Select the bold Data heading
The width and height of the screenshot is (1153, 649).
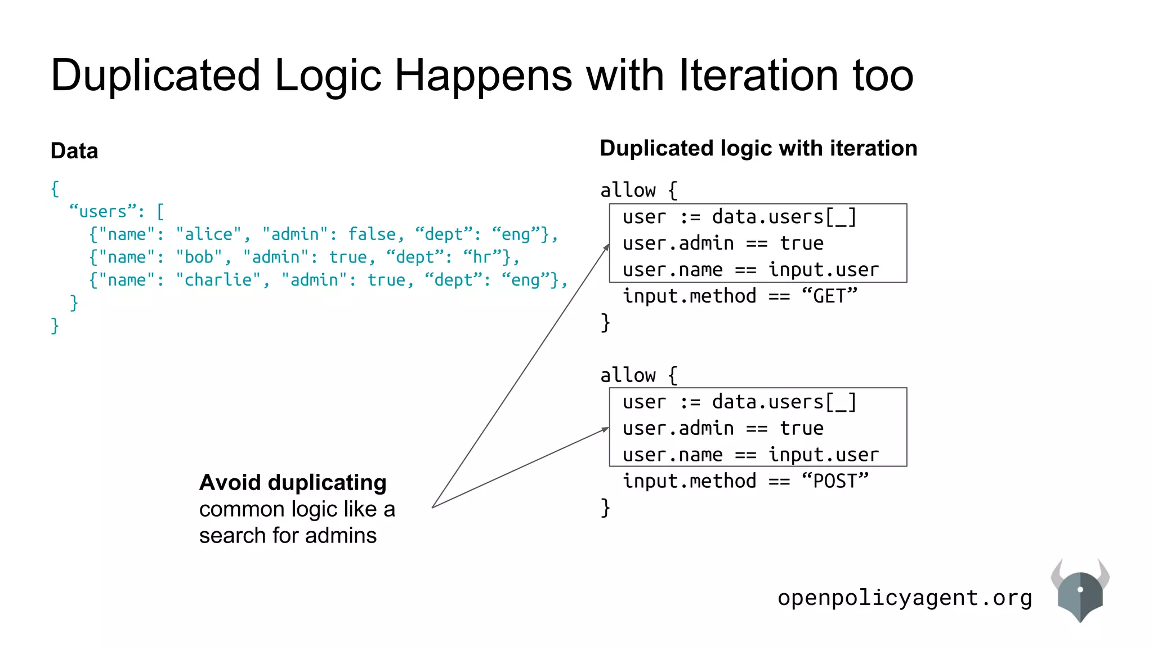click(74, 151)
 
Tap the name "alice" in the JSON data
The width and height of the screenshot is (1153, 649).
click(208, 234)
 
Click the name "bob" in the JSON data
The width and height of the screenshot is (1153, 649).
click(199, 257)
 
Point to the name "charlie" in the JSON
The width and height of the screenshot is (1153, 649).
click(218, 280)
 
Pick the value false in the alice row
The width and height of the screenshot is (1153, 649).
click(372, 234)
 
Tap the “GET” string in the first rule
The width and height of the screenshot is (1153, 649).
click(829, 296)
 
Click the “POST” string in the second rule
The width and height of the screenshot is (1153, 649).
click(835, 481)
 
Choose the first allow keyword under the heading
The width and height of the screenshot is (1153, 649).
click(628, 190)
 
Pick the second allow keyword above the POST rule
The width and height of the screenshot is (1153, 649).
click(628, 375)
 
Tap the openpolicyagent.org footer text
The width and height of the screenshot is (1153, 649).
click(905, 598)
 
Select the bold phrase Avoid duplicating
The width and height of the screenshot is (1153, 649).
click(293, 483)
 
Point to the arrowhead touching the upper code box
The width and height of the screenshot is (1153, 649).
click(607, 247)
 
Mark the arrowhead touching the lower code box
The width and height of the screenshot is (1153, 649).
click(606, 430)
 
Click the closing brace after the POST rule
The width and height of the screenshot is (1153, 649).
click(605, 508)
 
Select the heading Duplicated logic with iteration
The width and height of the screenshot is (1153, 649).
click(758, 148)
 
